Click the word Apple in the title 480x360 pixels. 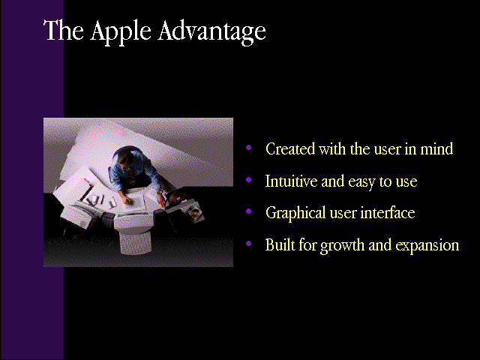[121, 32]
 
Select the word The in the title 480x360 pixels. [64, 30]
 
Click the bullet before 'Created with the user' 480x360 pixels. [248, 148]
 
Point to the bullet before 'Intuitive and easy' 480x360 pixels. [248, 180]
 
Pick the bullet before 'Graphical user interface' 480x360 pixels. [248, 211]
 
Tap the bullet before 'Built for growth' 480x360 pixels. [248, 243]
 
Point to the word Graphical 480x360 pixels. [295, 213]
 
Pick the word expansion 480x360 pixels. [427, 246]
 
